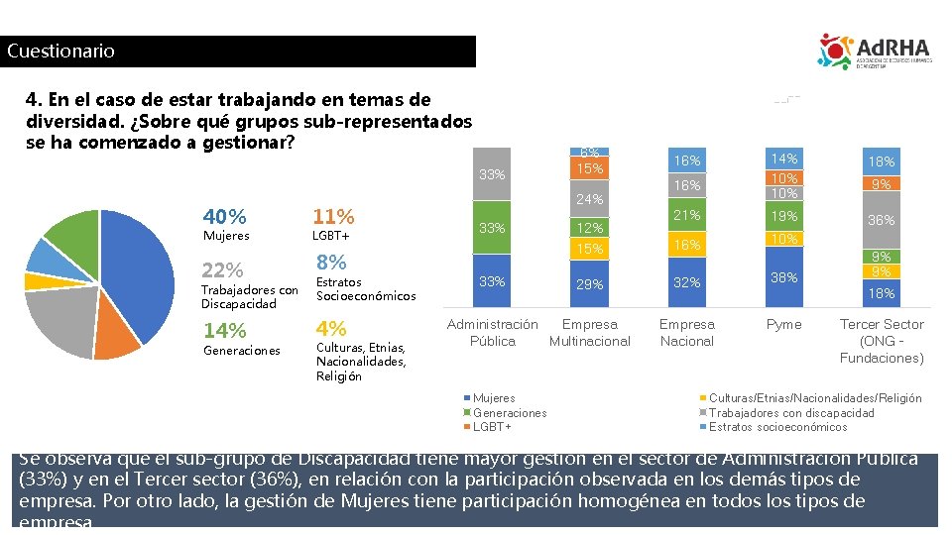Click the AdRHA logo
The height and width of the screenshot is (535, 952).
874,52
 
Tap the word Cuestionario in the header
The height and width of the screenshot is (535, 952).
60,52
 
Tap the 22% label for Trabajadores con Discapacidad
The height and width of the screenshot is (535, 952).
222,270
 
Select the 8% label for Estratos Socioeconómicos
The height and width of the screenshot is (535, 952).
331,263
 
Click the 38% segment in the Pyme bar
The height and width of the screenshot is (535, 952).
784,277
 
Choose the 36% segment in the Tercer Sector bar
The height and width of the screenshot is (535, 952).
882,220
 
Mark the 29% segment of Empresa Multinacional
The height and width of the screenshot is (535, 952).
590,284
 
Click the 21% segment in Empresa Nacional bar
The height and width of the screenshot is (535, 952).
686,216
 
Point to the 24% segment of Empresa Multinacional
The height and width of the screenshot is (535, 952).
590,199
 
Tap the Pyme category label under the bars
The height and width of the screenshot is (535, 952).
784,325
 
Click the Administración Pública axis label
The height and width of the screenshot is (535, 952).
492,333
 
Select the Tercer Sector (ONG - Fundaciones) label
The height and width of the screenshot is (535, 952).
882,341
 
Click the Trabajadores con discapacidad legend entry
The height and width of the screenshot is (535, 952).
791,413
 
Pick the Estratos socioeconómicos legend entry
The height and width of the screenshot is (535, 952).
777,427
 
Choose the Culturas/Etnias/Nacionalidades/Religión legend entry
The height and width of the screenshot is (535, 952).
815,398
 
